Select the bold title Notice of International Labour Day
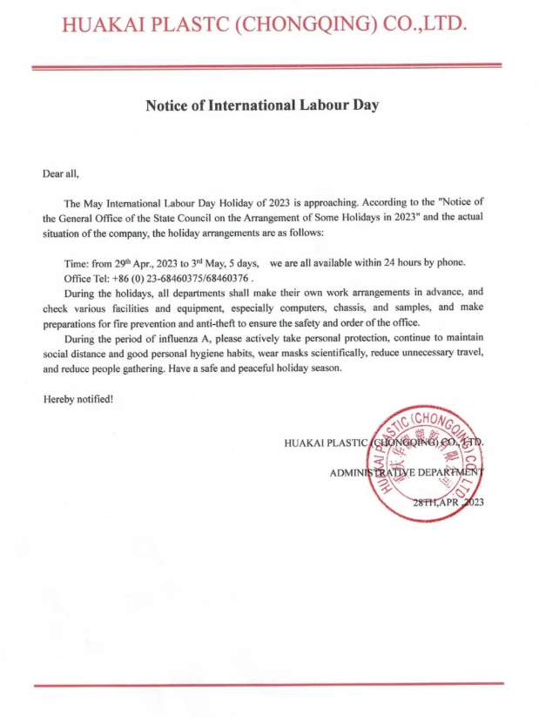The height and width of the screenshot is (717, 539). [x=262, y=105]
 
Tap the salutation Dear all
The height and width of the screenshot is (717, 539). [x=61, y=172]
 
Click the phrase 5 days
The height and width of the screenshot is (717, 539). [x=246, y=263]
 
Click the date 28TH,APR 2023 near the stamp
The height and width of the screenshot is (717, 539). [x=448, y=503]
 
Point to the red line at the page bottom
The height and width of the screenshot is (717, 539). [x=268, y=686]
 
